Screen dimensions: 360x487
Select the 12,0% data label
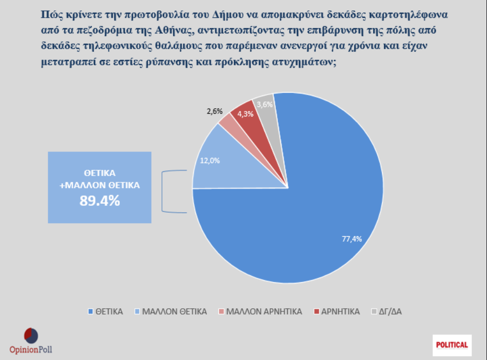coord(210,160)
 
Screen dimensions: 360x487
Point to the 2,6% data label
coord(215,111)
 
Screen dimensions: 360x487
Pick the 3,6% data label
coord(265,104)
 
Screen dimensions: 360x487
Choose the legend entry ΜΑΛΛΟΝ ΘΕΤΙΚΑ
coord(171,311)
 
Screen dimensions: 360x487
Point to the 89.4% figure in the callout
coord(99,200)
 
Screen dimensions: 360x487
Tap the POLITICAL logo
coord(452,345)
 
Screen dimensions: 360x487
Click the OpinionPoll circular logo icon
coord(31,335)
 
